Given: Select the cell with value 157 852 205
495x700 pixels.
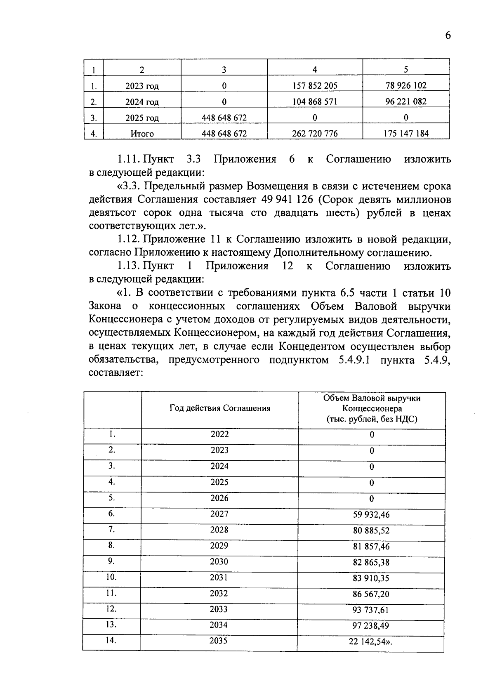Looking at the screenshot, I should (315, 86).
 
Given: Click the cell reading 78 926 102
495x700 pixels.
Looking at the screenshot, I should (406, 85).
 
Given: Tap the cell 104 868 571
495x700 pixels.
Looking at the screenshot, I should (315, 101).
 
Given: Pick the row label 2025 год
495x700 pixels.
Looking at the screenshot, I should (142, 118).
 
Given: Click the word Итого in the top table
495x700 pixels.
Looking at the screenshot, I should (142, 134).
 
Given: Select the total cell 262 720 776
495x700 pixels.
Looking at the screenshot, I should (315, 134).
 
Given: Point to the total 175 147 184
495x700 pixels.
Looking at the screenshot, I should (406, 134).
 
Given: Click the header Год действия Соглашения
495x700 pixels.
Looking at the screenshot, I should (219, 408).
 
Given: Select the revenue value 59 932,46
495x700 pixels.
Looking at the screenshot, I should (371, 515).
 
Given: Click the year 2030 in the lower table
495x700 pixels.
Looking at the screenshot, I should (219, 562).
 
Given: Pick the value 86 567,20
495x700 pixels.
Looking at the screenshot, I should (371, 594).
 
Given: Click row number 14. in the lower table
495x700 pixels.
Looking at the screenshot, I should (111, 641).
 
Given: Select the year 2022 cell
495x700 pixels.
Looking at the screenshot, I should (219, 434).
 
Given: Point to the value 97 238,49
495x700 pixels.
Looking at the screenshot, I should (371, 626).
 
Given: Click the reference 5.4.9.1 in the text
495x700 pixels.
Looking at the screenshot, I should (354, 360).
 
